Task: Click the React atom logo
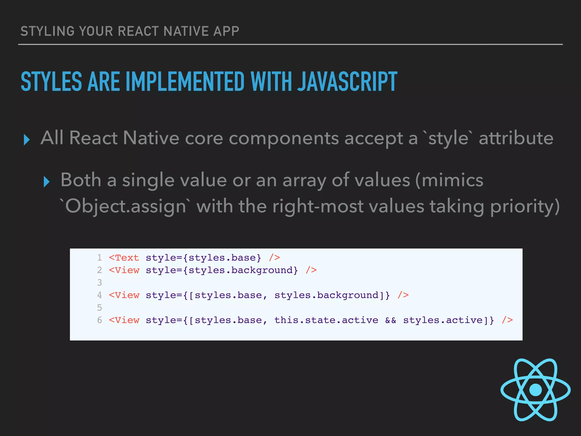pyautogui.click(x=535, y=389)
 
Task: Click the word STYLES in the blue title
pyautogui.click(x=51, y=82)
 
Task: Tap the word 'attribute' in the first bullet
pyautogui.click(x=516, y=138)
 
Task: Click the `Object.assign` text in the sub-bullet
pyautogui.click(x=123, y=206)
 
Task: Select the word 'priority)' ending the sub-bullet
pyautogui.click(x=525, y=206)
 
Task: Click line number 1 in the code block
pyautogui.click(x=99, y=257)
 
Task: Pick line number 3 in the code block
pyautogui.click(x=99, y=282)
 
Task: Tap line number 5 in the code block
pyautogui.click(x=99, y=307)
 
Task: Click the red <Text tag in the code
pyautogui.click(x=124, y=257)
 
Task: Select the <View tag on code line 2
pyautogui.click(x=124, y=270)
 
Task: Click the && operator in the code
pyautogui.click(x=390, y=320)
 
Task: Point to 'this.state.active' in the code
pyautogui.click(x=326, y=320)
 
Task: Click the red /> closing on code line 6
pyautogui.click(x=507, y=320)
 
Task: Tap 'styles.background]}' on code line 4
pyautogui.click(x=332, y=295)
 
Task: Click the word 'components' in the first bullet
pyautogui.click(x=284, y=138)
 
